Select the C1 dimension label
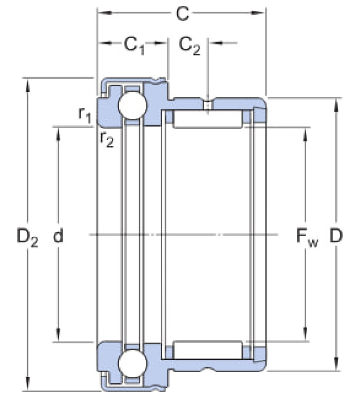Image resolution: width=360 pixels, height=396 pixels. (x=135, y=46)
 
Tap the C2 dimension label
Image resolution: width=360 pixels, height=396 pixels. (x=190, y=46)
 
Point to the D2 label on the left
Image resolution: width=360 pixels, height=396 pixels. (x=28, y=237)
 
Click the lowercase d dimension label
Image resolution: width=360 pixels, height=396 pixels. (x=58, y=235)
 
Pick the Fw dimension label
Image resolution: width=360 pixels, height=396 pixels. (x=307, y=237)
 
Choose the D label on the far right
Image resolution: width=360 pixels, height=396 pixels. (x=336, y=236)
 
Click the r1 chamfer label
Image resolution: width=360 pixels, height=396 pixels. (x=85, y=115)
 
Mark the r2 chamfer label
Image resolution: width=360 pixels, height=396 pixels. (x=107, y=139)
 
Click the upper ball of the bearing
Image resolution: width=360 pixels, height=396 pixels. (x=133, y=105)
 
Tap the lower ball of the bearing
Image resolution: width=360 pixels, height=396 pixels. (x=133, y=363)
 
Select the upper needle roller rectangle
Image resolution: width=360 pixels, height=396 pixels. (x=208, y=119)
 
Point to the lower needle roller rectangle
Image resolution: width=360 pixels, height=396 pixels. (x=208, y=350)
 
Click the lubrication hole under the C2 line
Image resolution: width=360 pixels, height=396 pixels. (x=208, y=104)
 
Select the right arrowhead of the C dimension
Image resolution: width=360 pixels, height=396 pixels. (x=258, y=13)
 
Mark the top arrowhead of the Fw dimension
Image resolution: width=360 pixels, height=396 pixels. (x=305, y=134)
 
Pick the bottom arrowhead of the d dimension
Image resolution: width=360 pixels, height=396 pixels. (x=58, y=335)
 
